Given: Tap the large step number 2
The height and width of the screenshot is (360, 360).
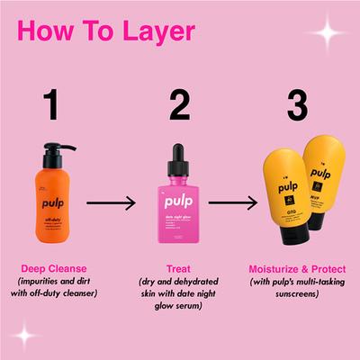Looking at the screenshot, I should (x=179, y=105).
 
